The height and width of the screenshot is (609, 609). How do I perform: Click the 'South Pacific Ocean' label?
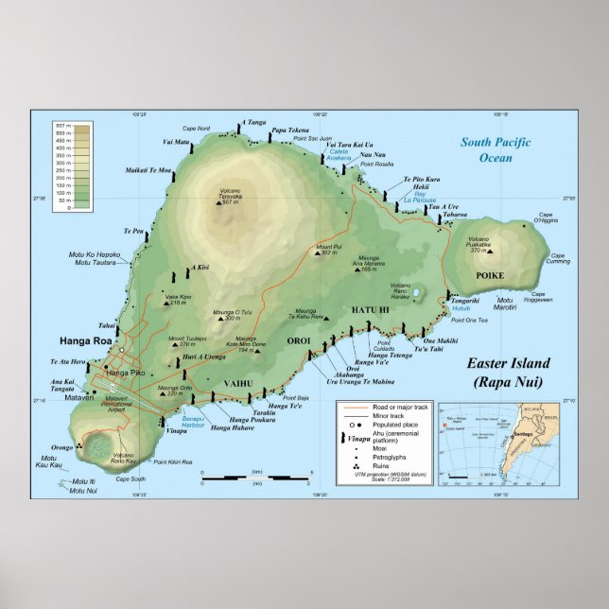(x=496, y=149)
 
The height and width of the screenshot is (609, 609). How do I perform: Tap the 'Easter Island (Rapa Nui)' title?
(x=508, y=373)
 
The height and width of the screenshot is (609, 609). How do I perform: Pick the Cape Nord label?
(x=196, y=129)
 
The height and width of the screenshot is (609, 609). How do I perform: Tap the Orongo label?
(x=61, y=447)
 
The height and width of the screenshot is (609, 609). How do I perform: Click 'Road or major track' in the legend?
(x=389, y=407)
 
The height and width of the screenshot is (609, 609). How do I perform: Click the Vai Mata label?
(x=176, y=143)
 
